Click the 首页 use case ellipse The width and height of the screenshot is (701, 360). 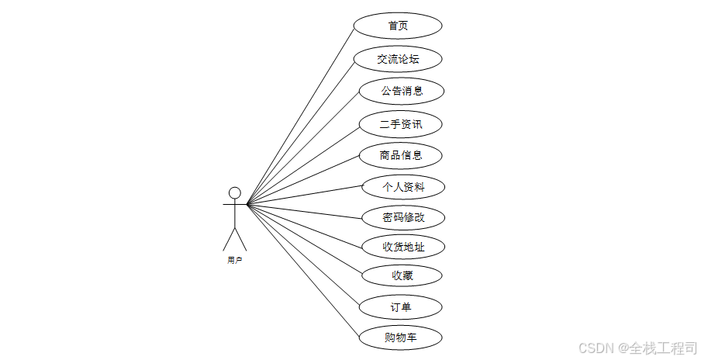(x=398, y=26)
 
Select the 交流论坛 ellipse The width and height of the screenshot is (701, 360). (x=398, y=59)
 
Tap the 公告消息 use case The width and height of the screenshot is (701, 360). (x=402, y=91)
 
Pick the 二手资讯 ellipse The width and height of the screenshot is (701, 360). (x=401, y=123)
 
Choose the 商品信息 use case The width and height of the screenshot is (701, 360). (x=401, y=155)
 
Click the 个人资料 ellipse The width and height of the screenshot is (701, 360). (x=403, y=187)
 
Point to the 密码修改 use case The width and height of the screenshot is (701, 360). (x=403, y=217)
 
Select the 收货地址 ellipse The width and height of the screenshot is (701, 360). (x=403, y=247)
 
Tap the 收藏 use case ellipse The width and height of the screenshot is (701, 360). (x=402, y=275)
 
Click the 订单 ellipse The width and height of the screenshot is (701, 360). (x=401, y=307)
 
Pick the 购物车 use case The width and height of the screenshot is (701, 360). (x=401, y=337)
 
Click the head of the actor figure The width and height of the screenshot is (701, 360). (x=234, y=192)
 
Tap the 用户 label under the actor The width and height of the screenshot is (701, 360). (x=234, y=261)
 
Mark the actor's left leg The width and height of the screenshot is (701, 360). (x=229, y=239)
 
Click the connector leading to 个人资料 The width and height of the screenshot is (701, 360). (x=306, y=196)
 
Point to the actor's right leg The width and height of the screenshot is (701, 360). (x=240, y=239)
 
